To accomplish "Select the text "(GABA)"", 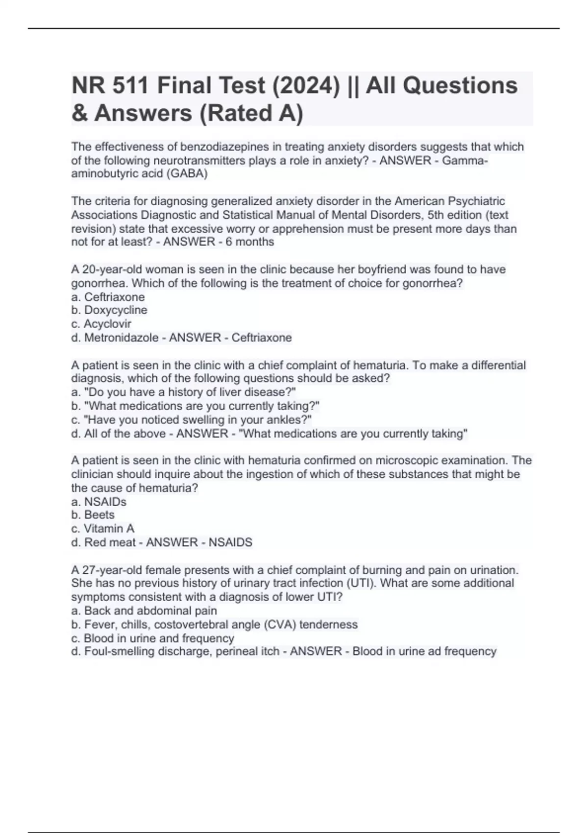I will (x=188, y=174).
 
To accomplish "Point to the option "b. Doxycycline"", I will (x=109, y=310).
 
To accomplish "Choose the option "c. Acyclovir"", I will (x=101, y=324).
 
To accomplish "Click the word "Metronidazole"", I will (x=122, y=338).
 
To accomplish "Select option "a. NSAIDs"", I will (x=99, y=502).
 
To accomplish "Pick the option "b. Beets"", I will (x=93, y=515).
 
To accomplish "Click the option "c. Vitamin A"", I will (x=103, y=529).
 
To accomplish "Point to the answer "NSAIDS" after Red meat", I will (x=230, y=542).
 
